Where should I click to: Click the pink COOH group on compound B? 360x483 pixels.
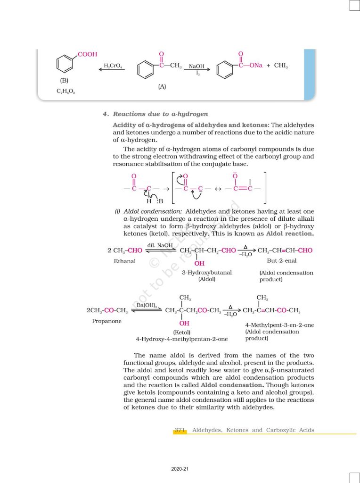pos(87,55)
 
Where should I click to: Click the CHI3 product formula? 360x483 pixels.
pos(280,66)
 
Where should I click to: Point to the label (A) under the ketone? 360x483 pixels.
pos(162,87)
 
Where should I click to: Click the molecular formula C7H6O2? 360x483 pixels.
pos(65,91)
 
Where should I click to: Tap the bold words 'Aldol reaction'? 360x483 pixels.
pos(290,234)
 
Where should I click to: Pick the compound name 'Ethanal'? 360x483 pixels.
pos(124,261)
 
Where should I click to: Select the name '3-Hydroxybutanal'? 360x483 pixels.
pos(206,273)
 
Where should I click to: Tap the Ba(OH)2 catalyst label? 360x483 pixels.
pos(147,306)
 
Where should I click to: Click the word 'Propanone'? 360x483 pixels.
pos(107,321)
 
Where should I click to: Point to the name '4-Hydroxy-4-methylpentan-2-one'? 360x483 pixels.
pos(181,339)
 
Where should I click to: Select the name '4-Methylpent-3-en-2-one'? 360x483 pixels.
pos(279,325)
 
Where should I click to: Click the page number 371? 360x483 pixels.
pos(180,430)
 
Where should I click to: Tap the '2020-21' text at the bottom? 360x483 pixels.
pos(180,469)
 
